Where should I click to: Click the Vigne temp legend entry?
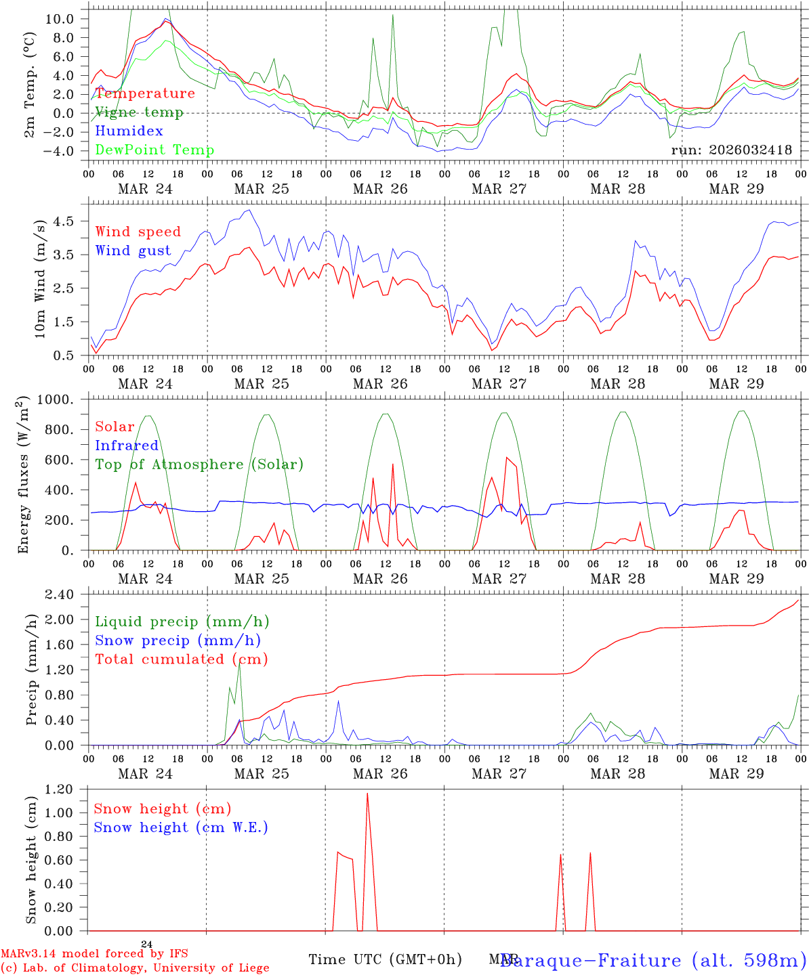(139, 112)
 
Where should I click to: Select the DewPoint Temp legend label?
(154, 150)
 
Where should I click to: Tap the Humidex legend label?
(129, 131)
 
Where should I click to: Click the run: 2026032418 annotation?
(731, 150)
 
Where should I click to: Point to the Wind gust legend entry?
(133, 251)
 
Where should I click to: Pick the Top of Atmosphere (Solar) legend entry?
(199, 464)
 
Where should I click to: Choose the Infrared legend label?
(127, 446)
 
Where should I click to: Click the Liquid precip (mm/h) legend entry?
(182, 622)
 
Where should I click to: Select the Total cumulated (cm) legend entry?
(182, 659)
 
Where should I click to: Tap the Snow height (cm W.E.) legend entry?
(181, 827)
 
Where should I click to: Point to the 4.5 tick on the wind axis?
(66, 221)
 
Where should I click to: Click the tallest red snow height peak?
(367, 794)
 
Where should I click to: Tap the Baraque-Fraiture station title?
(652, 960)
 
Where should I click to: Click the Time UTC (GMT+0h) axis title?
(385, 959)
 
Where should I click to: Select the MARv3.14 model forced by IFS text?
(94, 954)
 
